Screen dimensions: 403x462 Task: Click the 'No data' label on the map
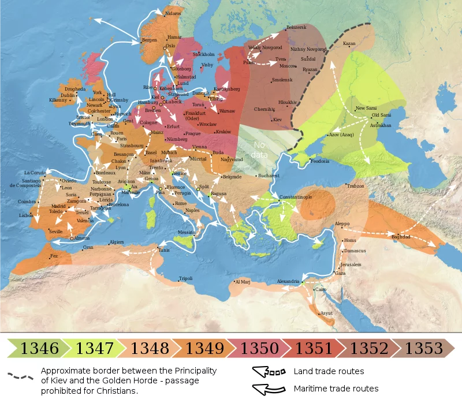[259, 150]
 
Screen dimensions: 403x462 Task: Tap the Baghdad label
[401, 237]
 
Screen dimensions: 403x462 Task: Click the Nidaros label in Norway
[173, 13]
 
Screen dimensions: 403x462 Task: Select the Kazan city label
[349, 43]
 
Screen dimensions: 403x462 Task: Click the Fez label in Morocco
[54, 256]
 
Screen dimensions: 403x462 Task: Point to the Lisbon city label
[26, 215]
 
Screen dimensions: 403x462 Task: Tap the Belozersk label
[296, 27]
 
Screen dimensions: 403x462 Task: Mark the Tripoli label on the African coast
[185, 278]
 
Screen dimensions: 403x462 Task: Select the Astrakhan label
[381, 125]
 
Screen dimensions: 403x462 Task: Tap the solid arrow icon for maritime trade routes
[269, 389]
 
